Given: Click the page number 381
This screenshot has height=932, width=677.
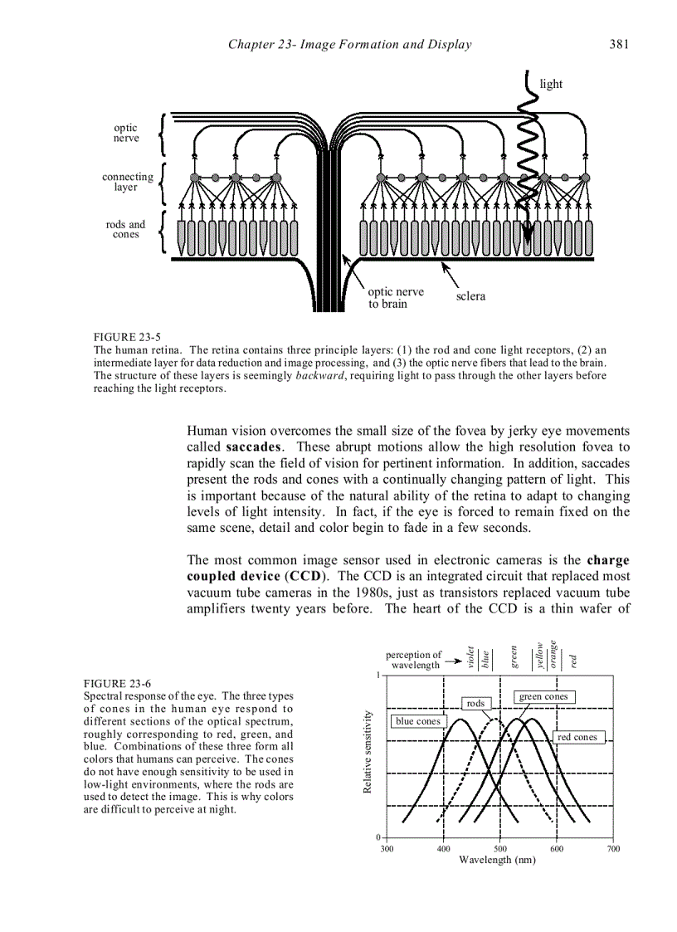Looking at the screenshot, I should (619, 45).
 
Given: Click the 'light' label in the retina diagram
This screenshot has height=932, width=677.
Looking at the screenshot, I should (551, 84).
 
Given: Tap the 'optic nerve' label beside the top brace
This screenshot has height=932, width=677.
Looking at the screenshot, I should (126, 134).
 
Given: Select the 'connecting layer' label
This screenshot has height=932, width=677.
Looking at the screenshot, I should (127, 182).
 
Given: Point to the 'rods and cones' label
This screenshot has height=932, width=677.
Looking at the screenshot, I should (125, 229).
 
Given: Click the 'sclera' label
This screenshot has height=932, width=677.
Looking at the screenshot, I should (470, 296).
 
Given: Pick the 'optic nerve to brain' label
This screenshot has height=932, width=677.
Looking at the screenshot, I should (396, 298).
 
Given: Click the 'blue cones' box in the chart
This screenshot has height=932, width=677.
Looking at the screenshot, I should (418, 721).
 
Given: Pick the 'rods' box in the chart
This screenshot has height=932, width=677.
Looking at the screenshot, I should (475, 703).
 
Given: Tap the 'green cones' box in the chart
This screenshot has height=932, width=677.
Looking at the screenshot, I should (543, 696).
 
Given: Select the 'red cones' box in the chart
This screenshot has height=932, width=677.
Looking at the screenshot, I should (577, 737).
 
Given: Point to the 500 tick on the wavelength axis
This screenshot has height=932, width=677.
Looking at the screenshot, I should (500, 848).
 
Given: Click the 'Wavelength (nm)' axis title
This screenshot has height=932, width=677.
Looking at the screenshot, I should (497, 860).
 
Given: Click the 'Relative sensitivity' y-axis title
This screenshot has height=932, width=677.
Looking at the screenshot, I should (368, 751).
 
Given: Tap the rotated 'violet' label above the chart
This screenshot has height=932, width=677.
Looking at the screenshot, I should (471, 657).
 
